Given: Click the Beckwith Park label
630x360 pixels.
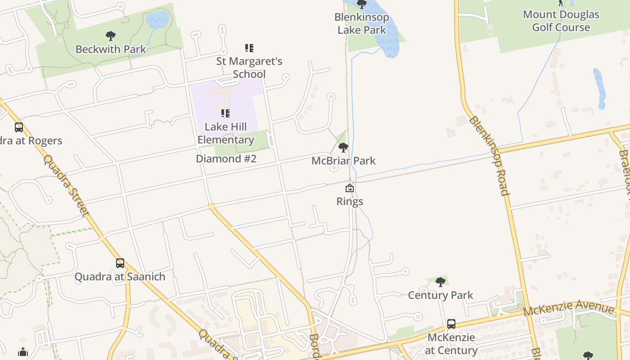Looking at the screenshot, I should pyautogui.click(x=111, y=49).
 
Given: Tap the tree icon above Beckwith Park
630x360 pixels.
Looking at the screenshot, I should pyautogui.click(x=110, y=36).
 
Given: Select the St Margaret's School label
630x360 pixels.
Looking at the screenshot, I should pyautogui.click(x=249, y=67).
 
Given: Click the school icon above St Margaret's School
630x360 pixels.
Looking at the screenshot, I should pyautogui.click(x=249, y=48).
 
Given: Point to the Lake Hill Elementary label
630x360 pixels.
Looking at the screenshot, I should pyautogui.click(x=225, y=133).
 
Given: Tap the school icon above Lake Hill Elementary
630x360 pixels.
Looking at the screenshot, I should pyautogui.click(x=225, y=113).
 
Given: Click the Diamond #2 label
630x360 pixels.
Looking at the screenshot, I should pyautogui.click(x=226, y=158).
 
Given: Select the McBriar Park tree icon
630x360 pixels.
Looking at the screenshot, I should pyautogui.click(x=343, y=147).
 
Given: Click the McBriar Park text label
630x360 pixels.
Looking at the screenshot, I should pyautogui.click(x=343, y=161).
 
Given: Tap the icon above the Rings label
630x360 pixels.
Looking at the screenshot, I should pyautogui.click(x=349, y=188).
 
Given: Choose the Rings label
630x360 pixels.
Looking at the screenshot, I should pyautogui.click(x=350, y=201).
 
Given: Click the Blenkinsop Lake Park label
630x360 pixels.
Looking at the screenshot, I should pyautogui.click(x=361, y=23).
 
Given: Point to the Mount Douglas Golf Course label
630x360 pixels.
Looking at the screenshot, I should pyautogui.click(x=561, y=21).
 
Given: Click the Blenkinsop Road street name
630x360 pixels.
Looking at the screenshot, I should pyautogui.click(x=489, y=155).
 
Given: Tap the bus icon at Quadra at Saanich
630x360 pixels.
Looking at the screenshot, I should pyautogui.click(x=120, y=263).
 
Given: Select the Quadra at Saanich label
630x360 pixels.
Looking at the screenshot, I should pyautogui.click(x=120, y=276).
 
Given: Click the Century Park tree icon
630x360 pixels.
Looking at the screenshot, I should pyautogui.click(x=441, y=282).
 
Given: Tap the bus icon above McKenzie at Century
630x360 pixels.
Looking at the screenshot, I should pyautogui.click(x=451, y=324).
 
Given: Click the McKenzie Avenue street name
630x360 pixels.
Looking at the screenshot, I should pyautogui.click(x=569, y=309).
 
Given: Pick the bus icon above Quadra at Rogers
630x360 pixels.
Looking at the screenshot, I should pyautogui.click(x=18, y=127).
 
